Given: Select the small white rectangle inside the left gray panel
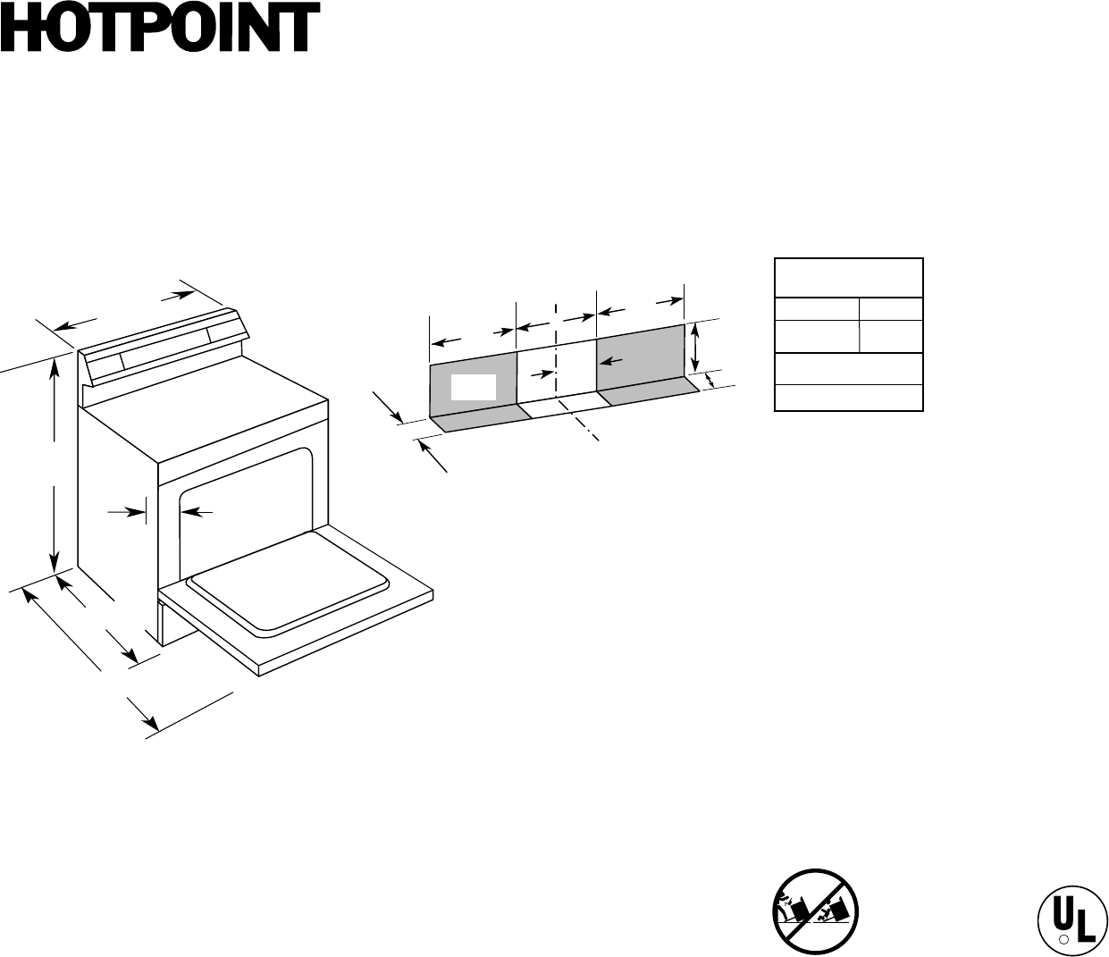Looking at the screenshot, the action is click(473, 387).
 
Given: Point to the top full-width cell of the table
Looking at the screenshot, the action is click(848, 278).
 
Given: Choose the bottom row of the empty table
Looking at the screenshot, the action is click(848, 398).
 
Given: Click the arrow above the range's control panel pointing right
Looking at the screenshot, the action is click(186, 293).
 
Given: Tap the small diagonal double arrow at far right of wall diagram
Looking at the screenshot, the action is click(711, 382).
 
